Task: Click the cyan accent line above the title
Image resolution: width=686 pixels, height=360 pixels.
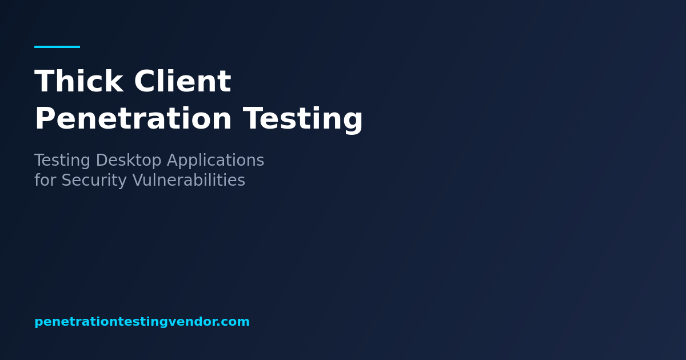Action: click(57, 47)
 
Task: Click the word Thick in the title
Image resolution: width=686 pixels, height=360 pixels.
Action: click(78, 82)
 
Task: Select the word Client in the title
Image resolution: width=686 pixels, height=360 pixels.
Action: click(182, 82)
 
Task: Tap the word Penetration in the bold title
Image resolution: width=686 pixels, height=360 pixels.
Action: click(133, 119)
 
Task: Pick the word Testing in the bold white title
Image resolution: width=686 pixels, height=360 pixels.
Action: click(303, 119)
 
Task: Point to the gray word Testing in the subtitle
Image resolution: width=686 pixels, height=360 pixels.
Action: click(62, 161)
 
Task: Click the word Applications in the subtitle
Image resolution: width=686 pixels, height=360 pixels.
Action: click(216, 161)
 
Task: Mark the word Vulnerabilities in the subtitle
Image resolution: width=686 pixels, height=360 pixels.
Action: click(189, 181)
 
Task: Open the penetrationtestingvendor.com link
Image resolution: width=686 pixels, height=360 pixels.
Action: click(142, 322)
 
